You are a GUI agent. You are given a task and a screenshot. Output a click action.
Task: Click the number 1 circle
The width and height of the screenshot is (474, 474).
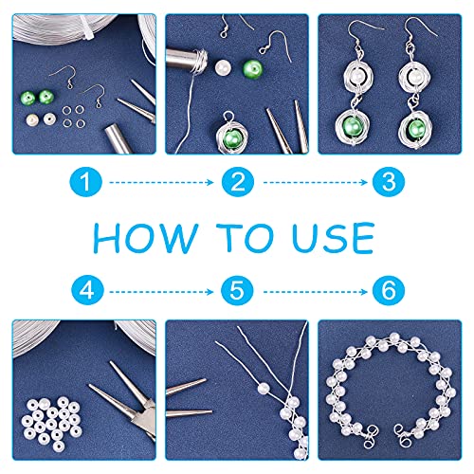(85, 182)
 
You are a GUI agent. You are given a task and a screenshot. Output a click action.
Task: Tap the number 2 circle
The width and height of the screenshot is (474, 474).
(238, 182)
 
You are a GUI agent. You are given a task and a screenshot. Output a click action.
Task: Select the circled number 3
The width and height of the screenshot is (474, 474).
(389, 182)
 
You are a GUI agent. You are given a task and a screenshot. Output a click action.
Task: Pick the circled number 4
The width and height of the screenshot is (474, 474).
(87, 291)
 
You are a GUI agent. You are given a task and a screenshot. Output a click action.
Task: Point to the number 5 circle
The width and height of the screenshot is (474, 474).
(237, 291)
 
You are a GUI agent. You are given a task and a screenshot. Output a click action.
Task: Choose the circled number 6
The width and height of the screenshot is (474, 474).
(389, 291)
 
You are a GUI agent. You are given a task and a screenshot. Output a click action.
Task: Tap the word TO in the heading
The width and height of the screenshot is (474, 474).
(245, 238)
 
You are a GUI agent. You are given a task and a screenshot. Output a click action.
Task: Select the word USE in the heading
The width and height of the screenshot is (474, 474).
(334, 238)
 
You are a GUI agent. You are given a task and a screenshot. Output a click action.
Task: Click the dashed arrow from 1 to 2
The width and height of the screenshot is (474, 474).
(161, 182)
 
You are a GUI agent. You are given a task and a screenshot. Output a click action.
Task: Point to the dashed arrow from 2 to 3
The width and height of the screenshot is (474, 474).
(316, 182)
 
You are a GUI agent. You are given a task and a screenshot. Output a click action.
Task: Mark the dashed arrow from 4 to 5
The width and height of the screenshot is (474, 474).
(161, 292)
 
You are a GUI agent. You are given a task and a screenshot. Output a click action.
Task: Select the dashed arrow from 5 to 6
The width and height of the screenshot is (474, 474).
(316, 292)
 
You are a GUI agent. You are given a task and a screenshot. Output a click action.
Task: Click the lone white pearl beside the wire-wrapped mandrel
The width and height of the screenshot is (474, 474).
(223, 68)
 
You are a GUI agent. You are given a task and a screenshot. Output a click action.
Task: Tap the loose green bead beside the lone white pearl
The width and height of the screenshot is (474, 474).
(252, 69)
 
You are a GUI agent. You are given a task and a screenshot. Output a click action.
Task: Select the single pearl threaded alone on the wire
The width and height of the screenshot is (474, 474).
(264, 389)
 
